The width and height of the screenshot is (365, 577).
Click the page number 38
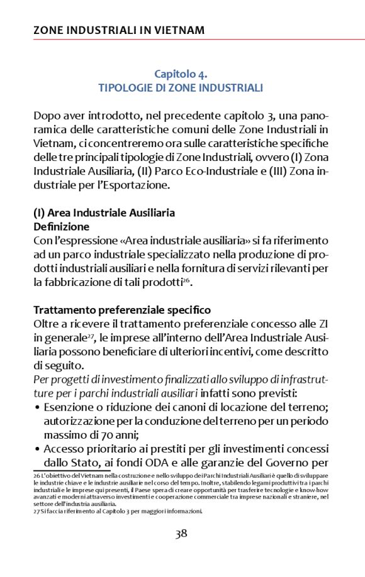(181, 534)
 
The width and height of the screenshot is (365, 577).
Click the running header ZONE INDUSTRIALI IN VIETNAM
(118, 30)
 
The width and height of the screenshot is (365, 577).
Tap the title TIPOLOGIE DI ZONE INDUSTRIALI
(181, 88)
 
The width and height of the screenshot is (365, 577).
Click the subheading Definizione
(61, 226)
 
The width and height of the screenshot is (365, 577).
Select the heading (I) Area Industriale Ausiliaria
(104, 212)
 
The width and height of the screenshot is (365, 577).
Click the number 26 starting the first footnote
(36, 475)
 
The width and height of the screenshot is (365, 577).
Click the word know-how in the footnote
(315, 490)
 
